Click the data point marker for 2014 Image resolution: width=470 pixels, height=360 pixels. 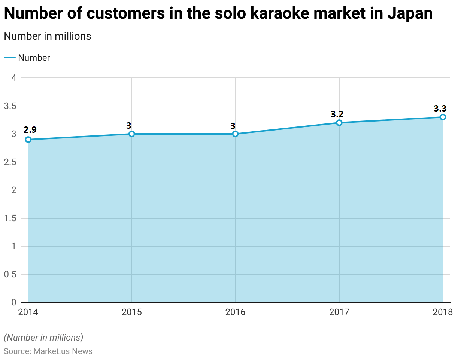(28, 140)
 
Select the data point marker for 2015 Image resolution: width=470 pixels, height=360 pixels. (131, 134)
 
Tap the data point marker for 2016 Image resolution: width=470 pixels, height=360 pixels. (235, 134)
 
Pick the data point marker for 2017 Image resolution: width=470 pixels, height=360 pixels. (339, 123)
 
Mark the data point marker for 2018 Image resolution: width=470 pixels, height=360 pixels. (443, 117)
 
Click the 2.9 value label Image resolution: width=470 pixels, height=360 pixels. (30, 130)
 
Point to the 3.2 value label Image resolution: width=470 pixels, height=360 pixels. (337, 114)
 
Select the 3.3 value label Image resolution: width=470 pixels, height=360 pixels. (440, 109)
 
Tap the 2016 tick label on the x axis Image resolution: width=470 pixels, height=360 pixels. (235, 312)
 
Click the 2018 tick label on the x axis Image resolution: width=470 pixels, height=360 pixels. (443, 312)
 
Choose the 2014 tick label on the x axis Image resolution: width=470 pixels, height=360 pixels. (28, 312)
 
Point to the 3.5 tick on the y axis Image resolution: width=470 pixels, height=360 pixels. (10, 106)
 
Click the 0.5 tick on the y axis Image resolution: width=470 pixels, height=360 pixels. (10, 274)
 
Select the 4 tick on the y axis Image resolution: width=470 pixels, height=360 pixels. (14, 78)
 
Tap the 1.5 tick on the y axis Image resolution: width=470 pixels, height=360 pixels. (10, 218)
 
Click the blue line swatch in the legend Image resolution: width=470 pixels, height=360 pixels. (10, 58)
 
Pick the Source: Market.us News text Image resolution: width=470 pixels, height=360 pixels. (48, 351)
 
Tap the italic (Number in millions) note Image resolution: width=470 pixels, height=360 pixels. (43, 338)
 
